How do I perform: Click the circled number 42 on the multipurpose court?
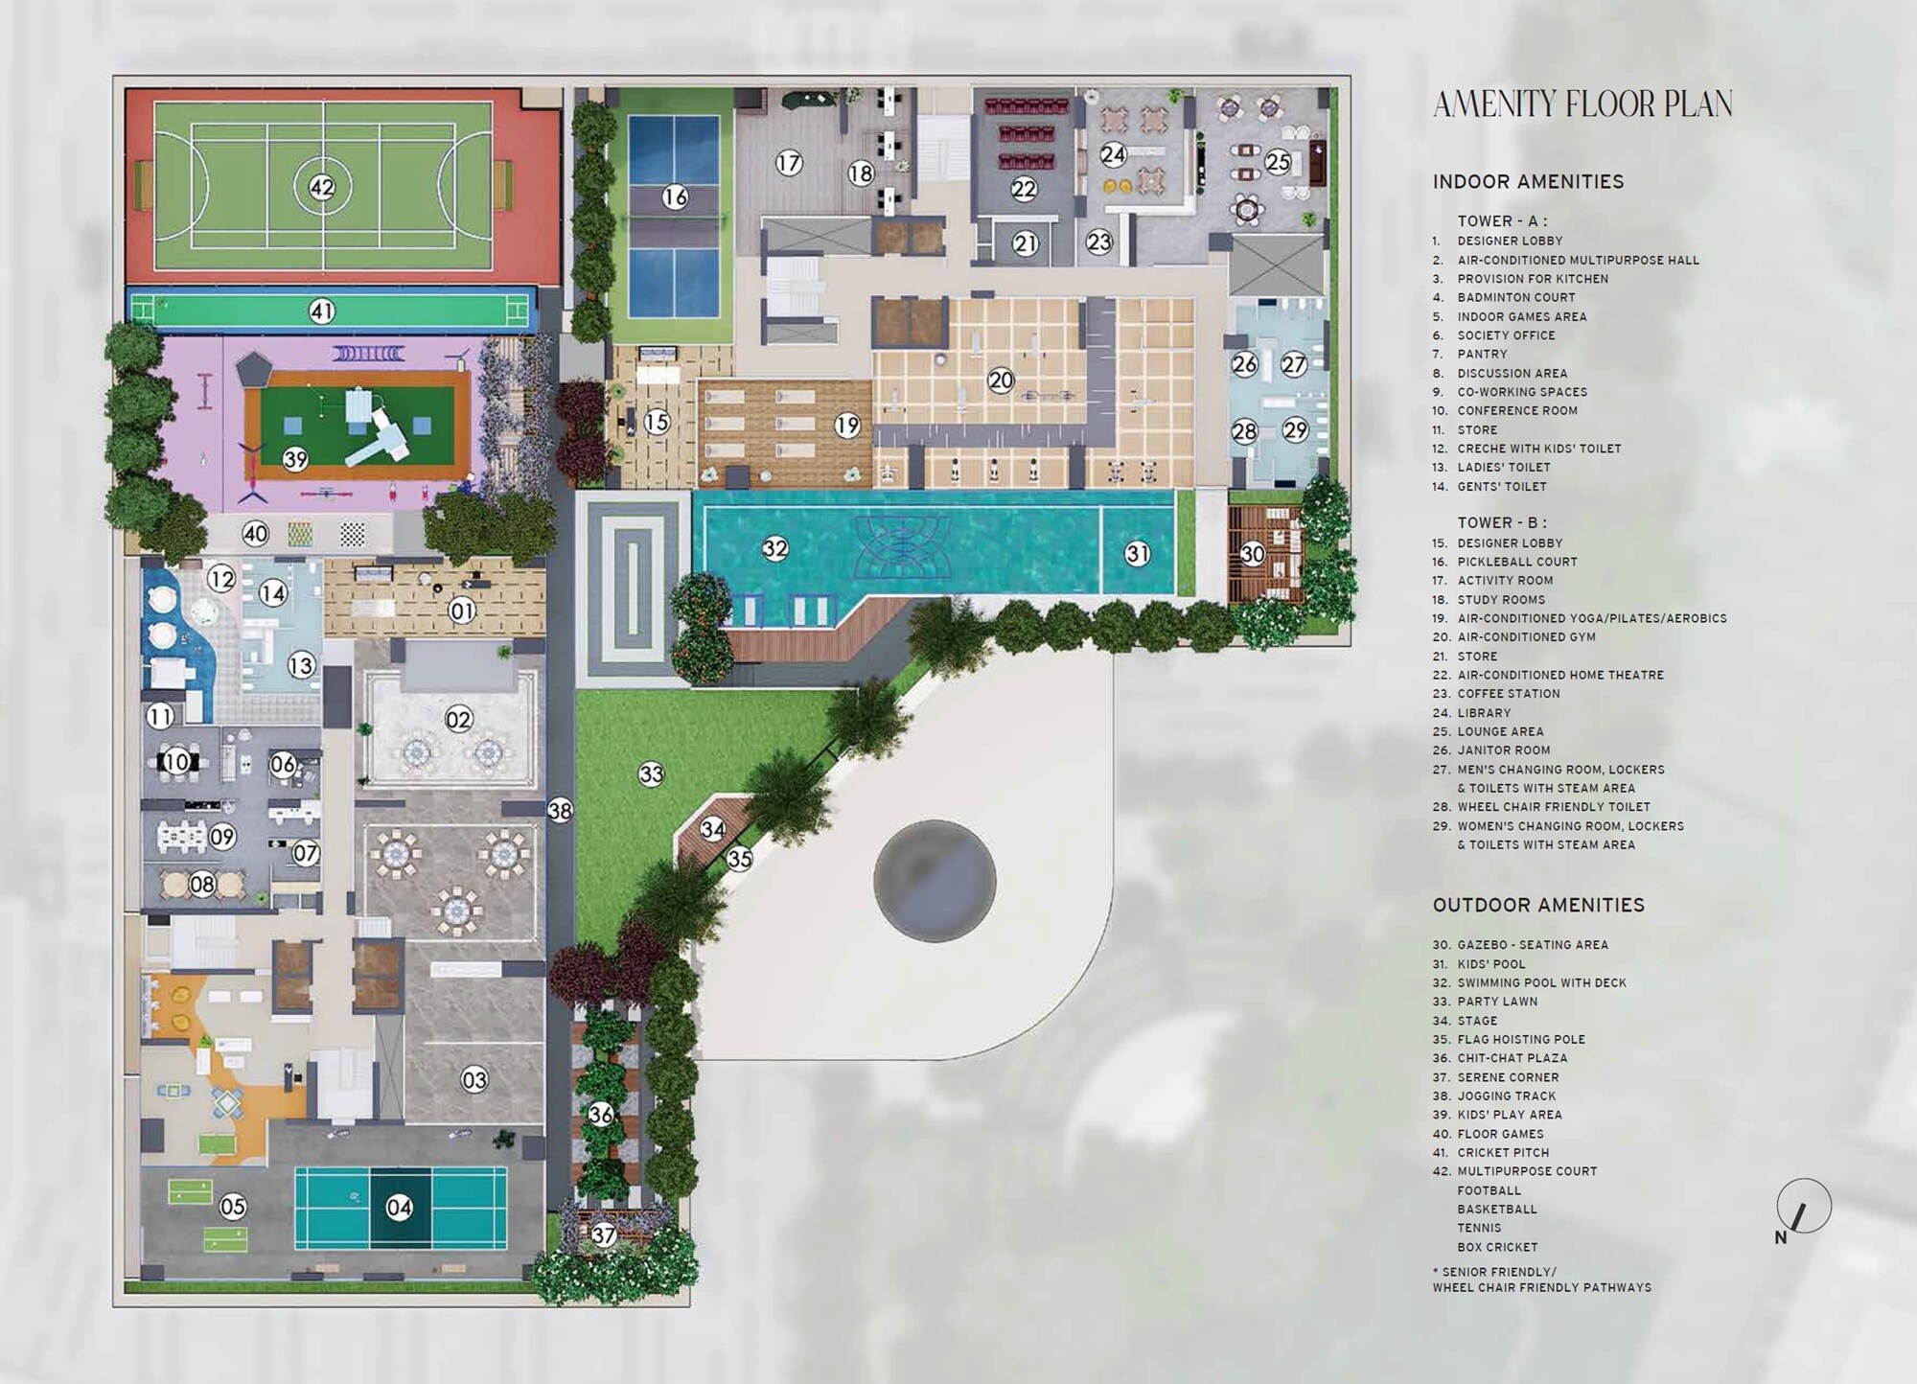coord(321,187)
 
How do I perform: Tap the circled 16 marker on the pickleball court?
coord(675,197)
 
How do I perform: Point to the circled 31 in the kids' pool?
coord(1137,553)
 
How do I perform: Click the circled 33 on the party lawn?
coord(651,773)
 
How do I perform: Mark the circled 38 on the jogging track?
coord(560,811)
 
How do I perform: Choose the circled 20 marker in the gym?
coord(1001,381)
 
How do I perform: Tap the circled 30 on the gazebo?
coord(1253,553)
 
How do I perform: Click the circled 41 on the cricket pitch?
coord(321,311)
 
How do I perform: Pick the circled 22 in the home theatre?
coord(1024,189)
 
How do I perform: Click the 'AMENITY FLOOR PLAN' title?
coord(1582,104)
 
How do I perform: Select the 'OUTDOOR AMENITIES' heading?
coord(1538,905)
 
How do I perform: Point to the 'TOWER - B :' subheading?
coord(1502,522)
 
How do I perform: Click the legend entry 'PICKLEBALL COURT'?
coord(1517,562)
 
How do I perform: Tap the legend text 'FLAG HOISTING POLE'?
coord(1521,1039)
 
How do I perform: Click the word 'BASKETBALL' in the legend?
coord(1497,1210)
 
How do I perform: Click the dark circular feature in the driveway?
coord(935,881)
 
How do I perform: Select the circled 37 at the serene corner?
coord(603,1234)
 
